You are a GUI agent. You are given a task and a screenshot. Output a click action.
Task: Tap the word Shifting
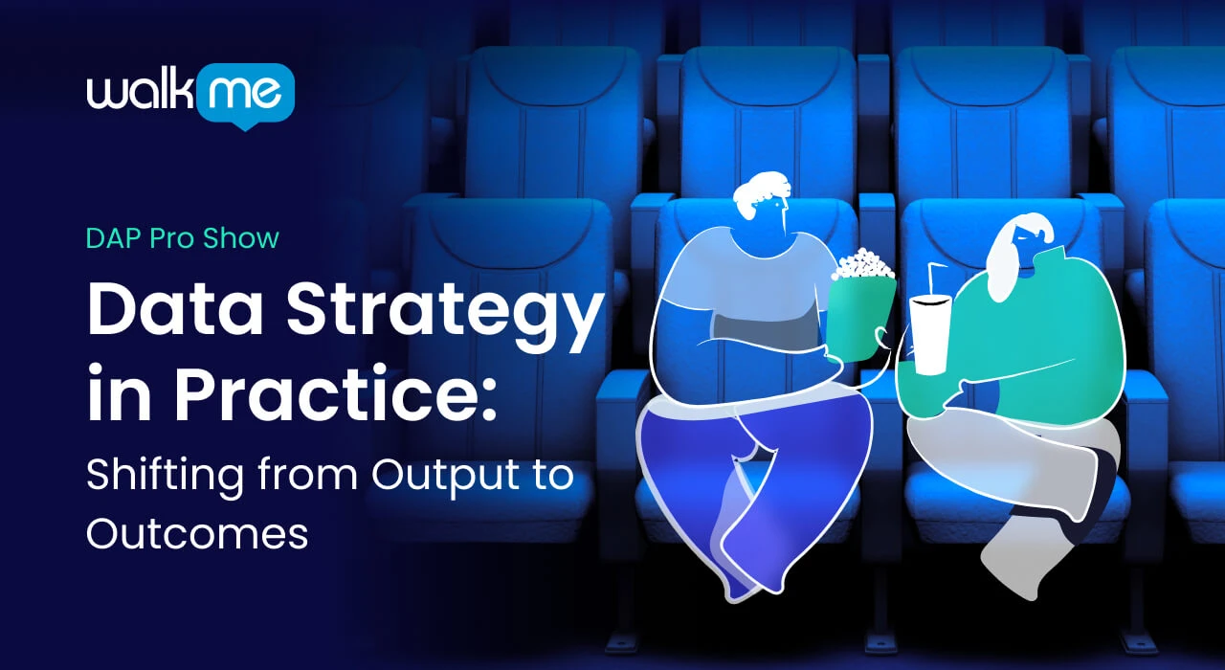(165, 477)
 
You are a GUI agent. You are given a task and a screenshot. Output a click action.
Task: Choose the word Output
(445, 477)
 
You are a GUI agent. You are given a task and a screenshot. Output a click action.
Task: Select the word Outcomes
(197, 534)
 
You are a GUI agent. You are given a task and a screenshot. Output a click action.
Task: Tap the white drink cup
(929, 335)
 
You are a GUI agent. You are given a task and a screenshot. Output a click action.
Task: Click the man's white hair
(760, 194)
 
